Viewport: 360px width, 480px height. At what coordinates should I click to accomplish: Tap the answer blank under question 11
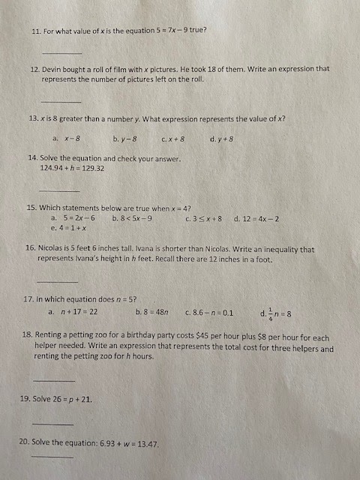click(61, 53)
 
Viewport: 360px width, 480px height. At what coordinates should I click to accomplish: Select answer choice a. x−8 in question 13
click(67, 139)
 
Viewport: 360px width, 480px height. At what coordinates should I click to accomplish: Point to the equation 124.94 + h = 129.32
click(72, 168)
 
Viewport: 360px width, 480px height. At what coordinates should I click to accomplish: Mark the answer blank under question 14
click(58, 190)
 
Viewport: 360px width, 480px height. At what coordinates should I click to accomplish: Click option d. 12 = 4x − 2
click(256, 218)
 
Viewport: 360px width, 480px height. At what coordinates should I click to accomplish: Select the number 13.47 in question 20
click(145, 444)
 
